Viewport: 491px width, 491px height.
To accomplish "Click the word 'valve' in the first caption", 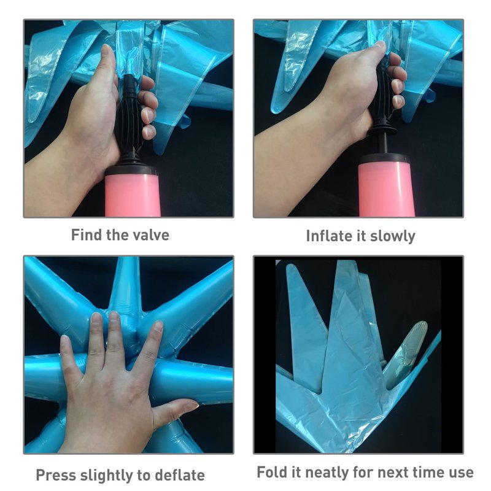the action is (x=151, y=235).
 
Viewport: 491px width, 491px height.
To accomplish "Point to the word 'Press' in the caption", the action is (x=56, y=475).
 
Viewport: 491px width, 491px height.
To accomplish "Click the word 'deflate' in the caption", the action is (x=180, y=475).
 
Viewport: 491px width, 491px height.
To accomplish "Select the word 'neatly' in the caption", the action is (x=328, y=473).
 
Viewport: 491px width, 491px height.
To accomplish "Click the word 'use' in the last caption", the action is (x=462, y=473).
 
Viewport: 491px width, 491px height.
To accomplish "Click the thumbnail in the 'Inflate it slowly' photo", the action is (x=380, y=44).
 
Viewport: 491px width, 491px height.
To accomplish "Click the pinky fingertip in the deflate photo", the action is (x=65, y=339).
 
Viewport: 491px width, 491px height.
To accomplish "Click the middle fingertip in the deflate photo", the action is (x=114, y=316).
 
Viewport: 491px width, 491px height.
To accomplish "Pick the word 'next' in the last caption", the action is (x=391, y=473).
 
